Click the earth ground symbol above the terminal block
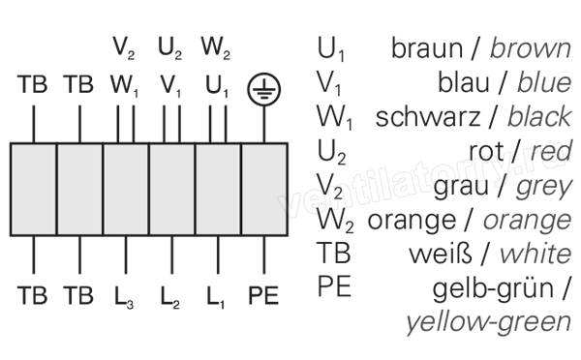click(x=263, y=89)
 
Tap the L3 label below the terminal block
click(x=124, y=297)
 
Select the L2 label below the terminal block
click(x=170, y=297)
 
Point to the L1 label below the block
click(x=216, y=297)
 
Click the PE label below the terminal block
click(x=263, y=295)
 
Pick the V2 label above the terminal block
click(x=124, y=48)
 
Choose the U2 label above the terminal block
click(x=170, y=48)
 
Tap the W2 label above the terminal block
click(x=216, y=48)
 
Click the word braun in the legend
click(x=427, y=48)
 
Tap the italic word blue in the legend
click(x=544, y=82)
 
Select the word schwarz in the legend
click(x=428, y=117)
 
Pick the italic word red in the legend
click(x=551, y=151)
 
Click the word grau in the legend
click(x=461, y=187)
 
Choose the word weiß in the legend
click(x=441, y=254)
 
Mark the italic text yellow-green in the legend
click(x=489, y=322)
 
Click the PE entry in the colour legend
click(x=334, y=286)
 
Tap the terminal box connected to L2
click(x=171, y=190)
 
